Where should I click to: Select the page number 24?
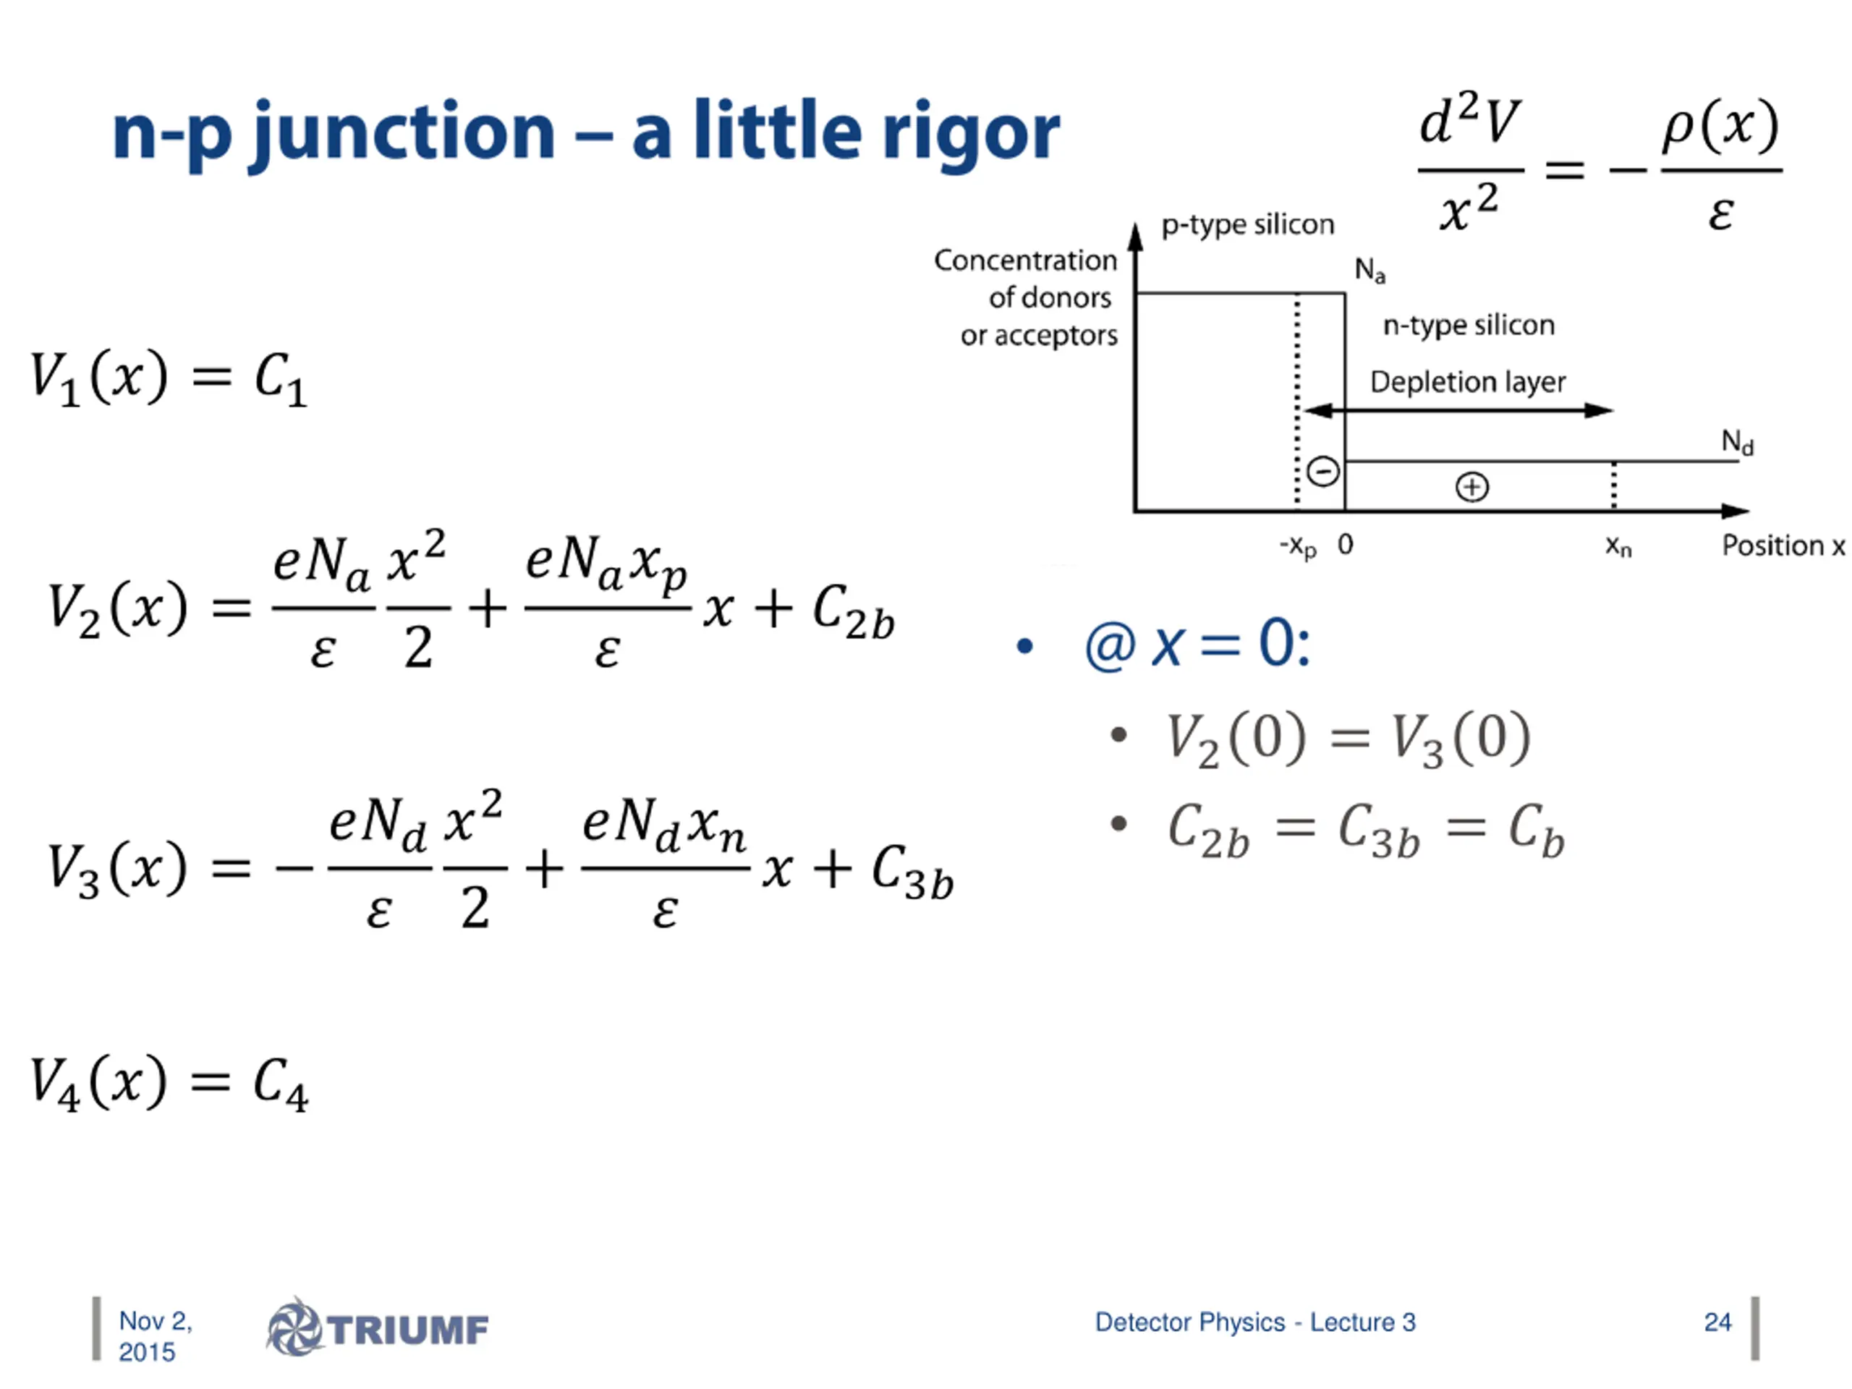[1717, 1322]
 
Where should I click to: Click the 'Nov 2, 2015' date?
[154, 1336]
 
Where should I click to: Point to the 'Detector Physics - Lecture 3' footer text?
[1255, 1322]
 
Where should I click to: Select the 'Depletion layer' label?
[1467, 382]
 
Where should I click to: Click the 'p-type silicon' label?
[1246, 224]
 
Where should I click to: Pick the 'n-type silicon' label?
[1469, 325]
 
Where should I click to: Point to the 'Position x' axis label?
[1783, 546]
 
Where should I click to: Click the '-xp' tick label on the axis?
[1298, 547]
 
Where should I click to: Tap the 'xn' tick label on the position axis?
[1618, 547]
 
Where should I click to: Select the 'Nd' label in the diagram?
[1736, 441]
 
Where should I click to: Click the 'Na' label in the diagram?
[1369, 270]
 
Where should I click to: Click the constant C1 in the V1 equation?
[281, 378]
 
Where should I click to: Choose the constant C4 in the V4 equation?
[281, 1084]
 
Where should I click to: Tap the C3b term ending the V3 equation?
[912, 872]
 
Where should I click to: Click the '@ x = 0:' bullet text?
[1197, 645]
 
